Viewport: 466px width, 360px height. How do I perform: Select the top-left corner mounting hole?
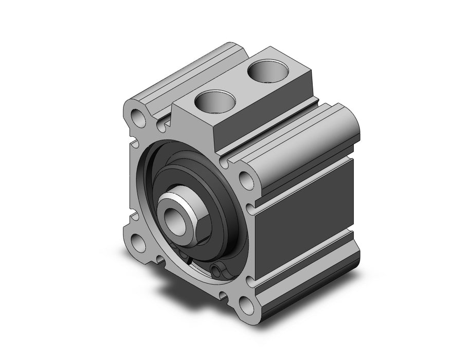[x=138, y=117]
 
